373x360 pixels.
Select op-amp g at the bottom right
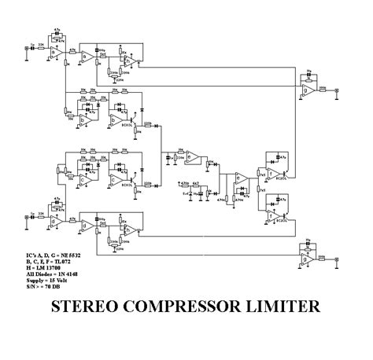pyautogui.click(x=306, y=259)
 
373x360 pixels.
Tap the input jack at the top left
pyautogui.click(x=28, y=48)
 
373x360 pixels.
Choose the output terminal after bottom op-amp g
pyautogui.click(x=337, y=259)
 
